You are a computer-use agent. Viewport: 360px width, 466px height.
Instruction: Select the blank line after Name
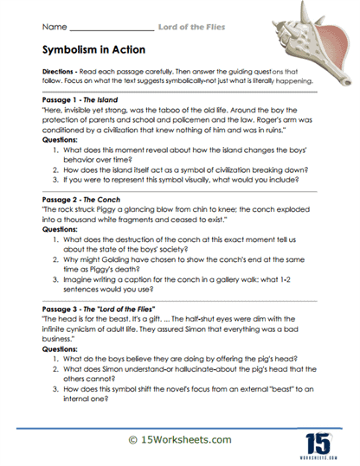pos(104,27)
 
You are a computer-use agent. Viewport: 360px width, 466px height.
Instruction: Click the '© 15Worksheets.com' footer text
pos(179,440)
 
